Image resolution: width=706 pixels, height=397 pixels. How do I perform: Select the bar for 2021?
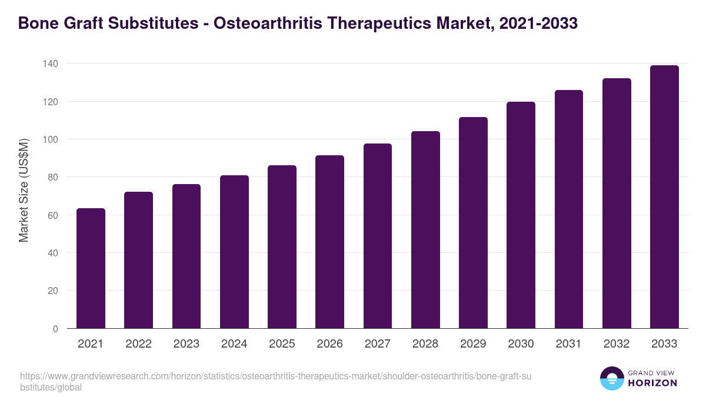point(91,269)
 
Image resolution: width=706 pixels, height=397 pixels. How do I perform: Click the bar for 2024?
point(234,252)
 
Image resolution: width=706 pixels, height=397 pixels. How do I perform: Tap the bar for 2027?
point(378,236)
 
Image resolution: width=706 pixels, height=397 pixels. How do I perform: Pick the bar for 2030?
point(521,215)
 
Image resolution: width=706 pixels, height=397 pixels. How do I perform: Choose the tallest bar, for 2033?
point(664,197)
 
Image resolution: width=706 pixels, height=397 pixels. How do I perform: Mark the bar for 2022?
point(138,261)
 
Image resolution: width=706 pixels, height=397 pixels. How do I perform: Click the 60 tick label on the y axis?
point(53,215)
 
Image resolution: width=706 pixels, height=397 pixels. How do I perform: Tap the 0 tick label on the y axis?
point(55,329)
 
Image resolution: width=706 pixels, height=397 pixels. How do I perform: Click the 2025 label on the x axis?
point(282,344)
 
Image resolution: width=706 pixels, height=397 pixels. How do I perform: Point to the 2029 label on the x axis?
point(473,344)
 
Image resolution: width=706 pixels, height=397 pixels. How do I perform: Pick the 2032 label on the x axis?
point(617,344)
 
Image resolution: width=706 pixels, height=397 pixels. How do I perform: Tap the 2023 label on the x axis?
point(186,344)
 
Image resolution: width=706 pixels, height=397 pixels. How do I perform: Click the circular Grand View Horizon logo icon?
point(611,378)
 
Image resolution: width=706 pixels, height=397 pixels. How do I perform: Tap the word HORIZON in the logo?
point(652,383)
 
